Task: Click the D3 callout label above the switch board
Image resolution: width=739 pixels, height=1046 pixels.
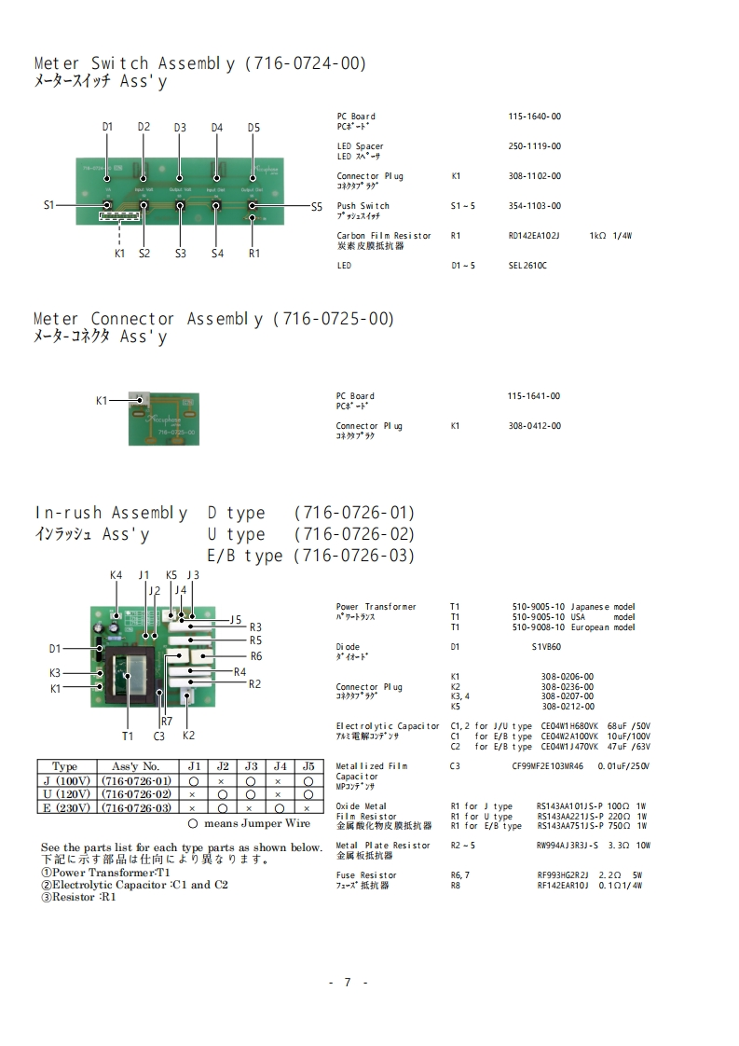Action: (x=180, y=128)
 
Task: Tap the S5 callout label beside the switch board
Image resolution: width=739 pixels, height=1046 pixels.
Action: (x=317, y=206)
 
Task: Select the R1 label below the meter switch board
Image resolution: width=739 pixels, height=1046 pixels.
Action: (x=254, y=253)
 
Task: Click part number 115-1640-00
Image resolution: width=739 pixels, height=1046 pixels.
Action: (x=535, y=117)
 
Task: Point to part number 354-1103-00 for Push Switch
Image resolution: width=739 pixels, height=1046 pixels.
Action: (x=535, y=206)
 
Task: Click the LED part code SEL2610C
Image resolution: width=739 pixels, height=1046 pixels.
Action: (x=528, y=266)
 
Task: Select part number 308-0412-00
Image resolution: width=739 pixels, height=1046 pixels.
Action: (x=535, y=426)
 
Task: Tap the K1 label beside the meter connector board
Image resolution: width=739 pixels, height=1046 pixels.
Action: (x=103, y=400)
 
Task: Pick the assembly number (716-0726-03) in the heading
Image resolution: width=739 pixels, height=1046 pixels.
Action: (x=354, y=556)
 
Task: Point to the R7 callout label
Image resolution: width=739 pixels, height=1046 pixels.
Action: (x=167, y=721)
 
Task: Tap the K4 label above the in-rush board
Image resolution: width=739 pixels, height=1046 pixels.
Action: (x=116, y=575)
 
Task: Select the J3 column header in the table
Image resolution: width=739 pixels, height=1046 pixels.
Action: (x=251, y=766)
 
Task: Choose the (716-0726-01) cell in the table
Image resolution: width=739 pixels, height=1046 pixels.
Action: (x=136, y=780)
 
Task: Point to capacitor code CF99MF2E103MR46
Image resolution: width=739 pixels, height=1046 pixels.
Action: (x=548, y=766)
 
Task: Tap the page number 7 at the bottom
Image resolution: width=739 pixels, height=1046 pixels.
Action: (x=347, y=982)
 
